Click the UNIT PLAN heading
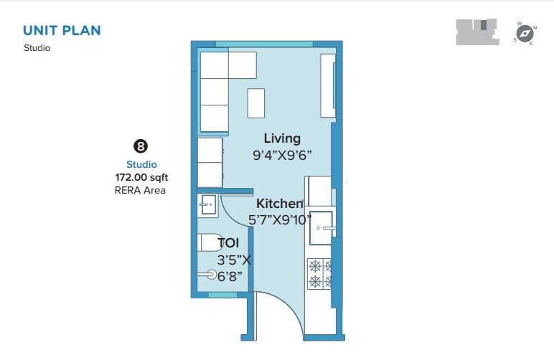pos(62,30)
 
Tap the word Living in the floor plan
pos(282,138)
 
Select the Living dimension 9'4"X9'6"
pos(282,155)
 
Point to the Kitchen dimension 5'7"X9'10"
pos(281,220)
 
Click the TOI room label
pos(228,243)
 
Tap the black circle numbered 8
pos(141,147)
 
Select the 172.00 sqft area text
pos(141,177)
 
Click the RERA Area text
pos(140,190)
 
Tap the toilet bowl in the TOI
pos(209,274)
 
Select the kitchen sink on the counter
pos(321,227)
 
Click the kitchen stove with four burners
pos(319,273)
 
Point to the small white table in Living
pos(256,103)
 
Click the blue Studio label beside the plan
pos(141,164)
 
